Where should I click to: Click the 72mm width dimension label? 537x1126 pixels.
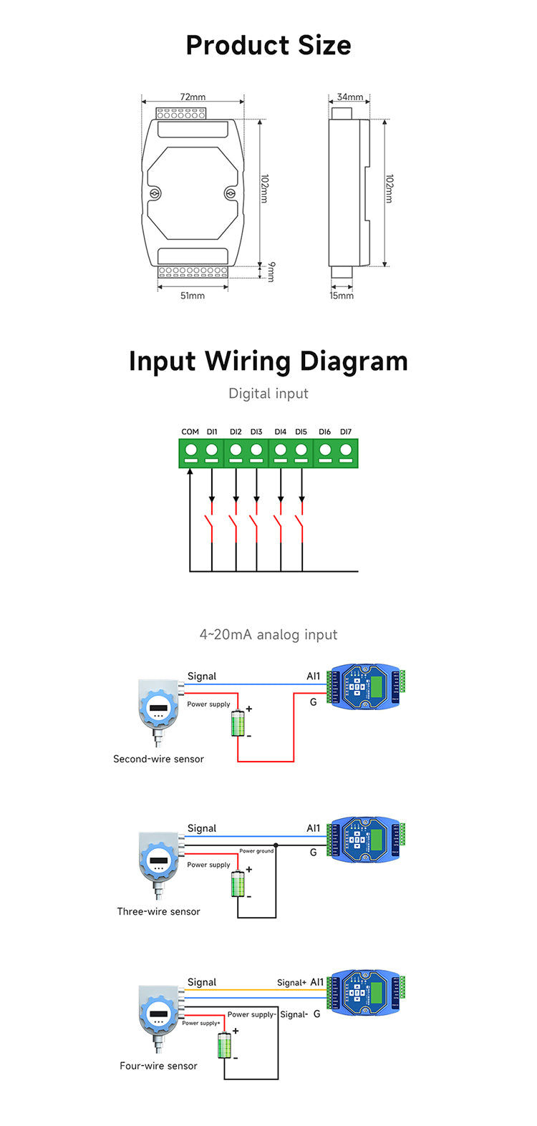193,97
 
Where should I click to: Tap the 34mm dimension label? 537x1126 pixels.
350,97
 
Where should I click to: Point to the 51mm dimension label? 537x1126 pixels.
193,296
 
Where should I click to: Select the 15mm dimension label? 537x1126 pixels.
342,296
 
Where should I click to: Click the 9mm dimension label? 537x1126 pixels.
271,272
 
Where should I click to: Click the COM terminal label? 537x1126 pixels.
190,432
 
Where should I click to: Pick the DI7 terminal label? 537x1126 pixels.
346,432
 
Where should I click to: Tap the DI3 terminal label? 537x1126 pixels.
256,432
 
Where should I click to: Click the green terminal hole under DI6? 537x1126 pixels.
325,450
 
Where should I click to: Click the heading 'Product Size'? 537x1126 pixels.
268,45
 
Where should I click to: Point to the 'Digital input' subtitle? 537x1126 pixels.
268,393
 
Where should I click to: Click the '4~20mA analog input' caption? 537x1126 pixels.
268,634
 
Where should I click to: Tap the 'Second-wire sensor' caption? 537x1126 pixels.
158,759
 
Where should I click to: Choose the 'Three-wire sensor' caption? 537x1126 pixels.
158,911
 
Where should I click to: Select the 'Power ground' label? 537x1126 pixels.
256,851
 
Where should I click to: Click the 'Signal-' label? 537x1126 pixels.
294,1014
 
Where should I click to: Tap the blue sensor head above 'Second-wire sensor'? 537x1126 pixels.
158,709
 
